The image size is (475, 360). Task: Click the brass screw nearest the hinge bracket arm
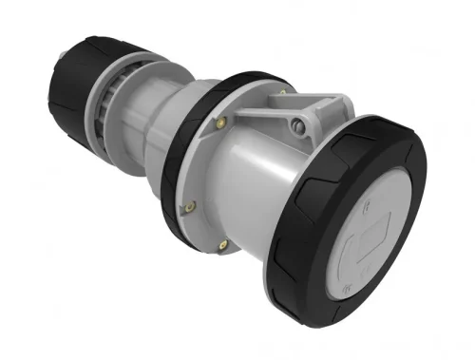click(222, 121)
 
